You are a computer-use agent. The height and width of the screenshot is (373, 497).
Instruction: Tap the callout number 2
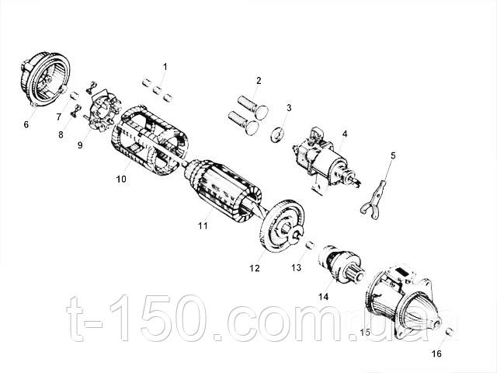(259, 80)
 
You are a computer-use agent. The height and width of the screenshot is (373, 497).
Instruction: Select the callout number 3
(289, 107)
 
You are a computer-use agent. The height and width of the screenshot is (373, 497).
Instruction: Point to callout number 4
(345, 134)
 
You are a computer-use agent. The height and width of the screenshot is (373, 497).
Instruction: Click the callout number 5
(393, 155)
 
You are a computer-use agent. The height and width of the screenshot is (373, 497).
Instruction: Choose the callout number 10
(121, 179)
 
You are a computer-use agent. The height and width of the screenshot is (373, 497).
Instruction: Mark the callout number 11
(203, 226)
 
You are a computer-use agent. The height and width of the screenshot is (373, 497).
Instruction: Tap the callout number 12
(254, 268)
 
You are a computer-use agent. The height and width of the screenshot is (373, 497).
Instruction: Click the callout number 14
(323, 296)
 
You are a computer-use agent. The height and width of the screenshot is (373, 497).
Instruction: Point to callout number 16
(436, 354)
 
